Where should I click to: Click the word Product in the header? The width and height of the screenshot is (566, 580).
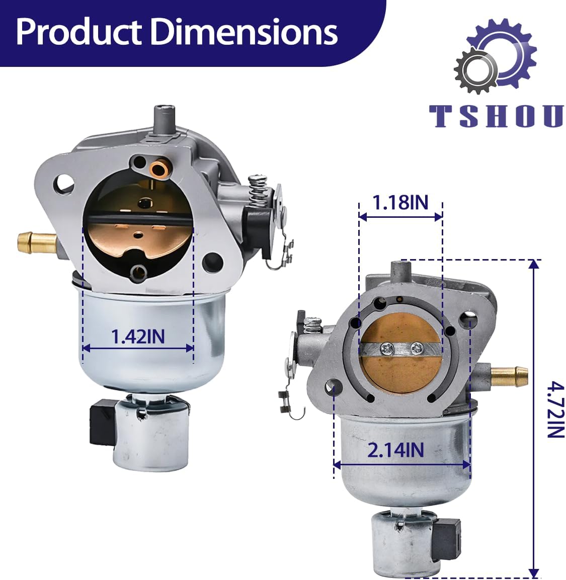click(79, 33)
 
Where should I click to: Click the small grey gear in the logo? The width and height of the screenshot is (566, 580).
click(476, 70)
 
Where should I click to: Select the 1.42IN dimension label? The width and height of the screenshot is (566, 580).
click(138, 337)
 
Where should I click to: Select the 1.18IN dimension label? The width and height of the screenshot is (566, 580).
click(400, 202)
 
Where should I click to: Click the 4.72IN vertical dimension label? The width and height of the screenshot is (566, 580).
click(555, 410)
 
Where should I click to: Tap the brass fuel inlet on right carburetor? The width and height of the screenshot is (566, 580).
click(509, 377)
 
